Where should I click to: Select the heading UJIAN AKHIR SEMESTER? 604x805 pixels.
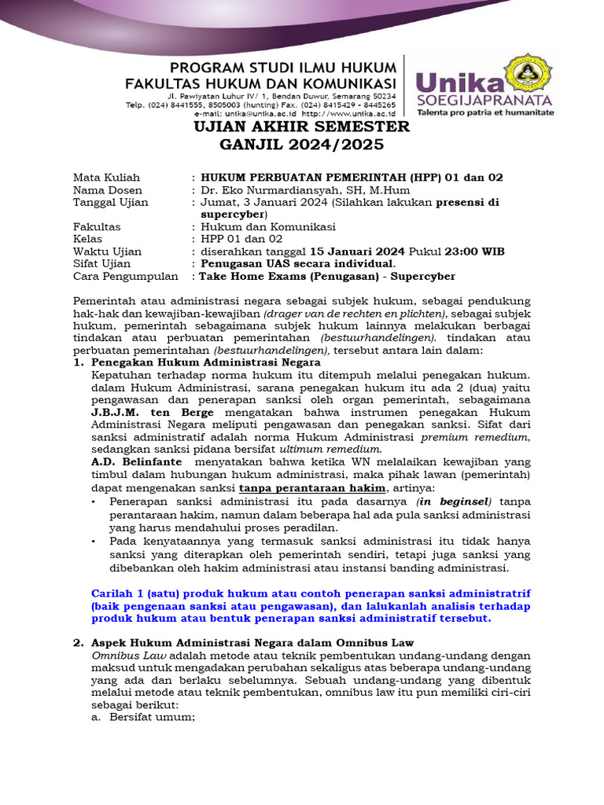tap(303, 127)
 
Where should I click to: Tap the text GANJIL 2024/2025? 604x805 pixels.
tap(303, 145)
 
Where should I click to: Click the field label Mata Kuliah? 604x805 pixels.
tap(106, 178)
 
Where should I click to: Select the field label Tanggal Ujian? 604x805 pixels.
tap(110, 203)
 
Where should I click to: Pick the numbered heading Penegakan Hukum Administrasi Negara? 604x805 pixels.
tap(206, 362)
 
